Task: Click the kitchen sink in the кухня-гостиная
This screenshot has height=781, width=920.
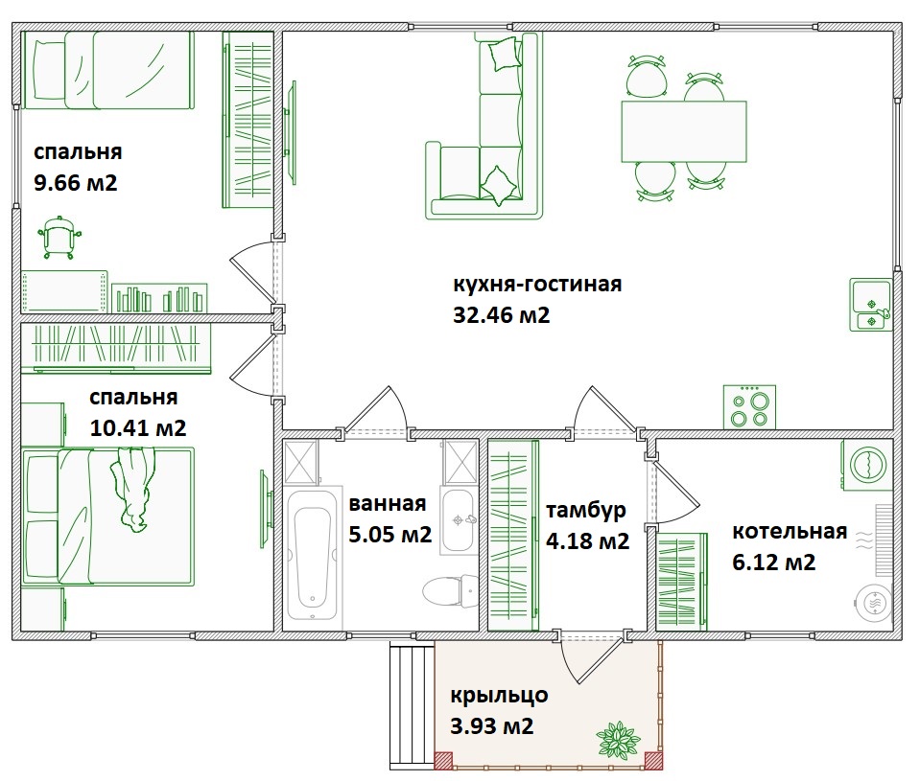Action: pos(870,305)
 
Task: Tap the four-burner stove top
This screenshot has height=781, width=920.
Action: pos(749,406)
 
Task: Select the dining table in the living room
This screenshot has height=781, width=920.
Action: pos(684,131)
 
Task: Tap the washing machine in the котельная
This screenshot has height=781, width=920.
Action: pos(867,464)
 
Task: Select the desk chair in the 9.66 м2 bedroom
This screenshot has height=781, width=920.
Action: pos(59,238)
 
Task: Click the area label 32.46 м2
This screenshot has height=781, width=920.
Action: pos(501,315)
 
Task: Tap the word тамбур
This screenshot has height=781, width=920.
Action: pos(585,511)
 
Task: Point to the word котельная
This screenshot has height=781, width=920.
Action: pos(790,532)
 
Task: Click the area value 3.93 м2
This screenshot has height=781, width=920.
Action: pos(492,726)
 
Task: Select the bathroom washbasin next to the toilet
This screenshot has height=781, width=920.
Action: pos(459,520)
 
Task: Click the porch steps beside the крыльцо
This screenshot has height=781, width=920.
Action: pos(412,705)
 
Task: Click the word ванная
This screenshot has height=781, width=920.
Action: pos(388,503)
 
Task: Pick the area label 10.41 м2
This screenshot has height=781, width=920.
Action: pos(138,427)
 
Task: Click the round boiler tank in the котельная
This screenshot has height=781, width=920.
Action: pos(874,603)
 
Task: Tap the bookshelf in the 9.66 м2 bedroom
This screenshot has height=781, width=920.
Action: pos(159,298)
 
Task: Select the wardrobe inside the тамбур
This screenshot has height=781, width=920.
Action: pos(513,535)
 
